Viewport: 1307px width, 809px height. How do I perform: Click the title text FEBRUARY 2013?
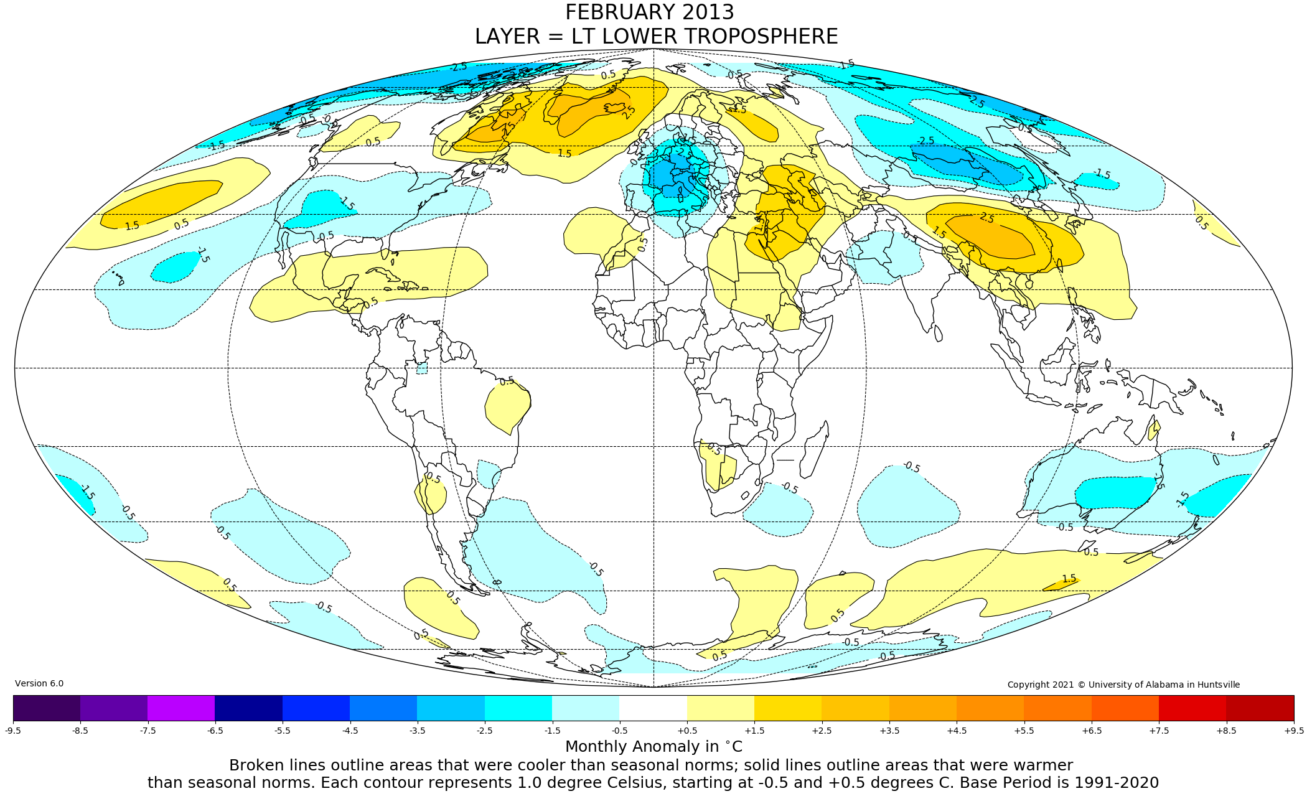coord(649,12)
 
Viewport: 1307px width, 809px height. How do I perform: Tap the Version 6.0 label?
coord(39,683)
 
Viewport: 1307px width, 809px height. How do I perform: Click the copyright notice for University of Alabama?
coord(1123,685)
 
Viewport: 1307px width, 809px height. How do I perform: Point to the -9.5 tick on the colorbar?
coord(13,731)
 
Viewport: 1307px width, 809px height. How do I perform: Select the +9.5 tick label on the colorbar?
coord(1293,731)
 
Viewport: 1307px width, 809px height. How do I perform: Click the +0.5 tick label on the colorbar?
coord(687,731)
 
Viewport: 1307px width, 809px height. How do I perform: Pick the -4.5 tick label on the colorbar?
coord(350,731)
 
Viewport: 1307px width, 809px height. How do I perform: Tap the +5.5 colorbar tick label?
coord(1024,731)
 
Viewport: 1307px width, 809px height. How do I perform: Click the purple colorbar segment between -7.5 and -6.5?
coord(181,708)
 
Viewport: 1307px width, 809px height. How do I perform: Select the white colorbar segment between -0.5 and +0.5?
coord(653,708)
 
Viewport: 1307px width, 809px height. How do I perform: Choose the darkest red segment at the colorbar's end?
coord(1260,708)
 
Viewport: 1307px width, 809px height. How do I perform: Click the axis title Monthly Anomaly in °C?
coord(653,747)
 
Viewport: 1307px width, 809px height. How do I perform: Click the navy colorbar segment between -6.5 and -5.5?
coord(248,708)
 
